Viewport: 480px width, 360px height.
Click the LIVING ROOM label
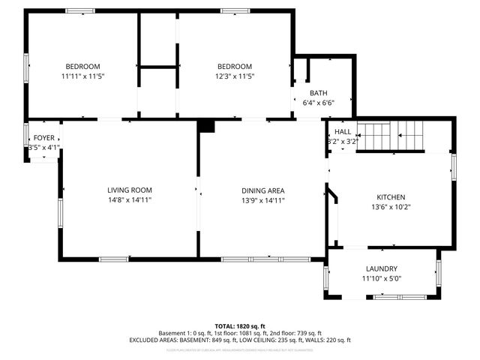tap(130, 190)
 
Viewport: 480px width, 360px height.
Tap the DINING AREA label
tap(262, 190)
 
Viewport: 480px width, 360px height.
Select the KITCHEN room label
tap(391, 196)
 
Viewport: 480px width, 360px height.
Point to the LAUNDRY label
tap(382, 268)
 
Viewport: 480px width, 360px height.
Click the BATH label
tap(318, 93)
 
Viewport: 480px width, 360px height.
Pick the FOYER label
tap(43, 138)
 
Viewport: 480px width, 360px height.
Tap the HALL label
tap(343, 131)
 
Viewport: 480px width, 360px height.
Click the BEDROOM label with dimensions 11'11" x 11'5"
tap(82, 66)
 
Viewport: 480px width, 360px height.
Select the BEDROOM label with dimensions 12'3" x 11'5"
tap(235, 66)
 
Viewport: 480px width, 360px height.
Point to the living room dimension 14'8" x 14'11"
tap(130, 200)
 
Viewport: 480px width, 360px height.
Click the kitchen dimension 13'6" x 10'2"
tap(391, 207)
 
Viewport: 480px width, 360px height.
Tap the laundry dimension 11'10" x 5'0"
tap(382, 278)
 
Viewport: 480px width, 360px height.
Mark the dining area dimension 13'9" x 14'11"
tap(262, 200)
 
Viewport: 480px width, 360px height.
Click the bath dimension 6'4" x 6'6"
tap(318, 103)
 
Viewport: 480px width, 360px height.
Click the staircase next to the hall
tap(390, 135)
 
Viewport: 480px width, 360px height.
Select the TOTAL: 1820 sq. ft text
tap(240, 326)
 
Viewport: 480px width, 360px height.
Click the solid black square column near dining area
tap(206, 126)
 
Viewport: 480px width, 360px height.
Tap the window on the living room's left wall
tap(61, 211)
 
